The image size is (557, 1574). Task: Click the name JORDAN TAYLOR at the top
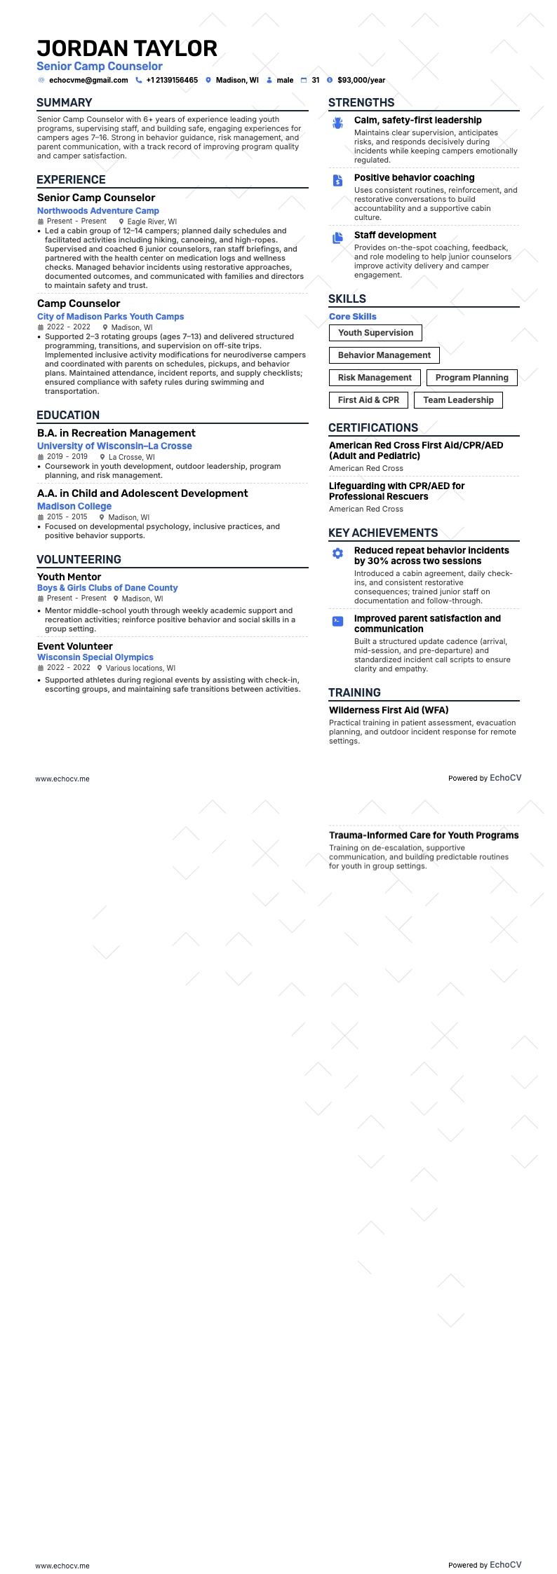coord(127,48)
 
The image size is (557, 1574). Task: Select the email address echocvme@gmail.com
coord(88,81)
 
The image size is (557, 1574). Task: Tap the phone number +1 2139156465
coord(172,81)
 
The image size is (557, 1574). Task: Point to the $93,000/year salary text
coord(361,81)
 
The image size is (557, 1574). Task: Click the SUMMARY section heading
coord(65,102)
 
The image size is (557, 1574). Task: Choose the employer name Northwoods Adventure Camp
coord(98,211)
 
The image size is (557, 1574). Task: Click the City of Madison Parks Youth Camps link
coord(110,317)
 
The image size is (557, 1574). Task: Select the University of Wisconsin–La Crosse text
coord(114,446)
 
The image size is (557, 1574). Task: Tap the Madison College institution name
coord(74,507)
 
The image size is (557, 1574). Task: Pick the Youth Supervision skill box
coord(375,333)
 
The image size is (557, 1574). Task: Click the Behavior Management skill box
coord(384,355)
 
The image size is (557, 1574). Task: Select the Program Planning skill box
coord(471,378)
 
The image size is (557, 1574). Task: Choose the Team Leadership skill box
coord(458,400)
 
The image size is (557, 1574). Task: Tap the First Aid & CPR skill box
coord(368,400)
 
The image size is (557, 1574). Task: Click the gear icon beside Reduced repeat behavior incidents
coord(338,554)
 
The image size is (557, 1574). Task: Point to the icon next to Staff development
coord(338,238)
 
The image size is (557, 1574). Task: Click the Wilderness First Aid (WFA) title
coord(389,711)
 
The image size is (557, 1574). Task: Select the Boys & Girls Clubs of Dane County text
coord(107,588)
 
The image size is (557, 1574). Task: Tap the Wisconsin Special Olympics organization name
coord(95,657)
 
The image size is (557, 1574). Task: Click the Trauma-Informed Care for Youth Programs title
coord(424,835)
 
